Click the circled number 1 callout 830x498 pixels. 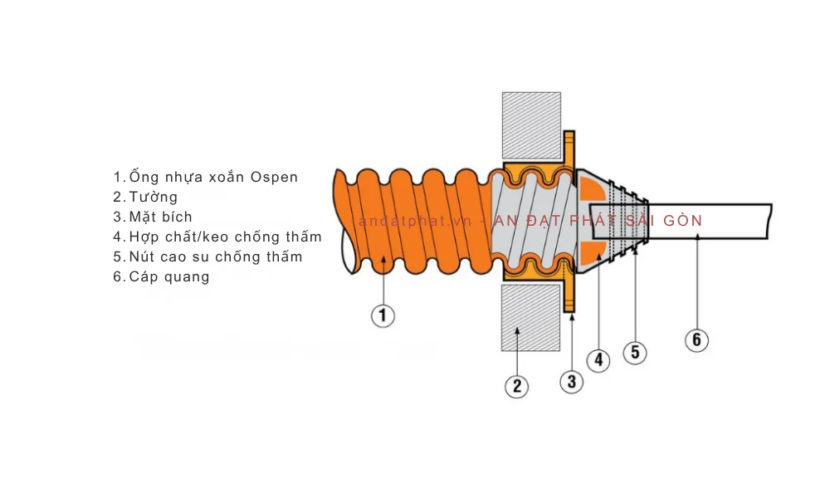coord(382,315)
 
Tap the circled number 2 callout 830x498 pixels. coord(515,385)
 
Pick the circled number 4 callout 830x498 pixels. coord(598,360)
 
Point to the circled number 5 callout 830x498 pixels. coord(635,352)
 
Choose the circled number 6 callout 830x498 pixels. coord(696,339)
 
